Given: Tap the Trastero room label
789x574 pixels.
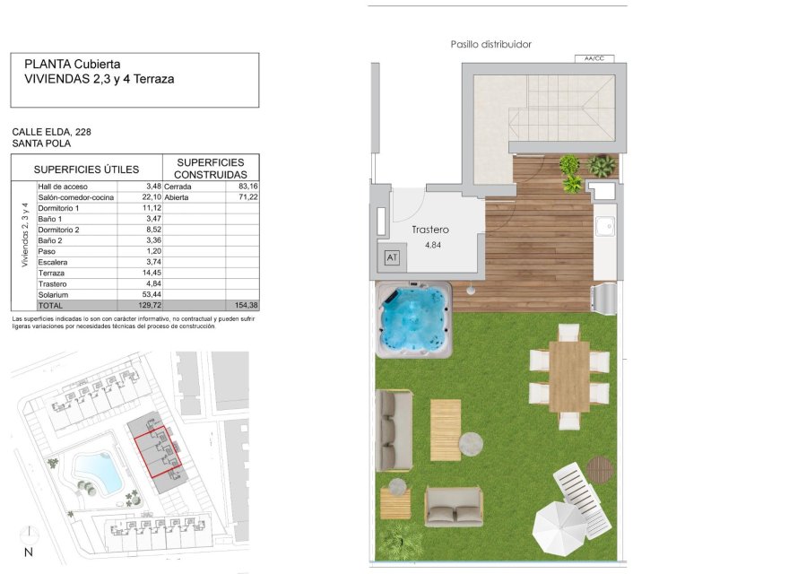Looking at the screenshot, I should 429,230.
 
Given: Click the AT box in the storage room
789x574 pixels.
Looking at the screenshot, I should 391,257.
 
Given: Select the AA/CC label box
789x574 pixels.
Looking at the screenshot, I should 594,59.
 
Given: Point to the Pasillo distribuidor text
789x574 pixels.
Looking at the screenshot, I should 491,44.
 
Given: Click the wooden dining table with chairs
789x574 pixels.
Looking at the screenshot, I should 568,376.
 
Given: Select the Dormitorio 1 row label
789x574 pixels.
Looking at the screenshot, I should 59,208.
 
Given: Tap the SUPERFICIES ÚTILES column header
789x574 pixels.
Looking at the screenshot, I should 86,169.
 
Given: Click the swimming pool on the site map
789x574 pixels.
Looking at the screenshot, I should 97,471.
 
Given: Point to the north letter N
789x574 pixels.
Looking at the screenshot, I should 29,552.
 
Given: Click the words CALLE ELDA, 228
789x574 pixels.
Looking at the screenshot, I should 52,132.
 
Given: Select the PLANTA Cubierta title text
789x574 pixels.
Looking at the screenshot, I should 73,64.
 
